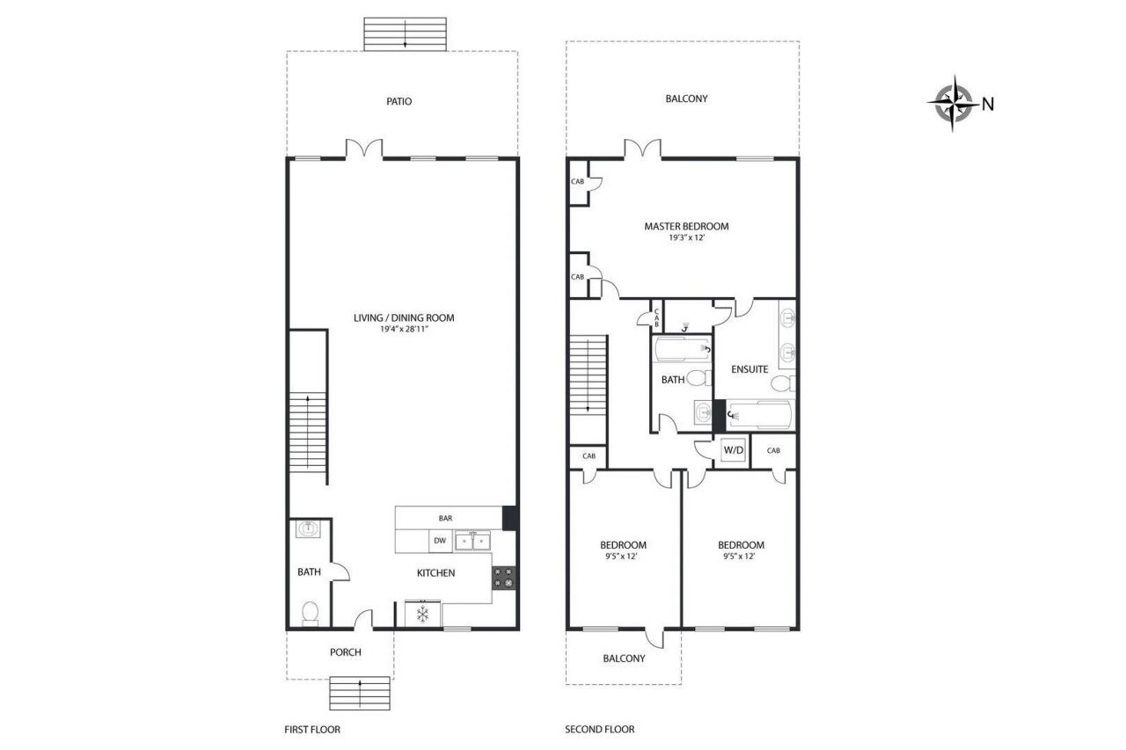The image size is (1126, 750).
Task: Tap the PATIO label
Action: pyautogui.click(x=398, y=101)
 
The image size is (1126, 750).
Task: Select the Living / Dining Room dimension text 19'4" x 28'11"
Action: pyautogui.click(x=404, y=329)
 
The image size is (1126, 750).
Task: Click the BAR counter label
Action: pyautogui.click(x=445, y=519)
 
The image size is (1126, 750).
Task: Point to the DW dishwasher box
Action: pyautogui.click(x=441, y=542)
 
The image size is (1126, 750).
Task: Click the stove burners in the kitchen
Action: pyautogui.click(x=504, y=577)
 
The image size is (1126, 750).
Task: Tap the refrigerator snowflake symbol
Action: pyautogui.click(x=422, y=614)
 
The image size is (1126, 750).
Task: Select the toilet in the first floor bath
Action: pyautogui.click(x=309, y=613)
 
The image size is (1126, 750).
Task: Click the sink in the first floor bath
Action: pyautogui.click(x=309, y=529)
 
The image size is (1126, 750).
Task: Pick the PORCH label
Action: pyautogui.click(x=345, y=652)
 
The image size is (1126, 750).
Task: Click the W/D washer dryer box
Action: pyautogui.click(x=733, y=451)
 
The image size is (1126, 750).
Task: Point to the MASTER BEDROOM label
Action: pyautogui.click(x=686, y=226)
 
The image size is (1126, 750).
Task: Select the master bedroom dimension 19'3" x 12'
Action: pyautogui.click(x=686, y=238)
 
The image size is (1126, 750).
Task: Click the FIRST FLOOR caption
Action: pyautogui.click(x=311, y=729)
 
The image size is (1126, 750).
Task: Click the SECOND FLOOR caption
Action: pyautogui.click(x=599, y=729)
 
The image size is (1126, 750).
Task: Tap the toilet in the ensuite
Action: pyautogui.click(x=783, y=384)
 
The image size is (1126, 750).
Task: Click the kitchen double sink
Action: pyautogui.click(x=472, y=542)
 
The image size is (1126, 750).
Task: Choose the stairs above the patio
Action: pyautogui.click(x=405, y=33)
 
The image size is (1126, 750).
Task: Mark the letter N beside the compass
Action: pyautogui.click(x=988, y=104)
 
